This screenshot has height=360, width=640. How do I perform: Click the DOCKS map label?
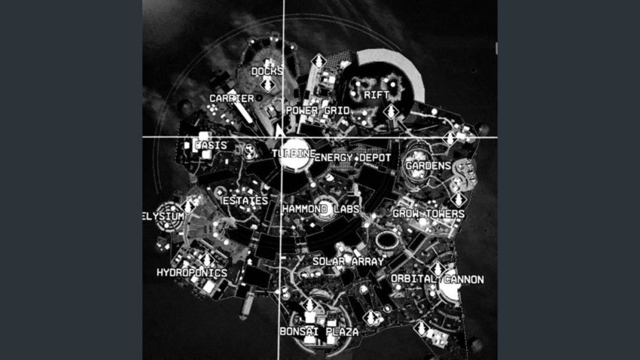tap(267, 72)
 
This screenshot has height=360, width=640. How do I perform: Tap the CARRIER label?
tap(231, 99)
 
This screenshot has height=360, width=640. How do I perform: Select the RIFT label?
tap(376, 96)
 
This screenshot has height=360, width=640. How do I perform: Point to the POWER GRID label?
tap(316, 110)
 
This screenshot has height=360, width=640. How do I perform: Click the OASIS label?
tap(211, 145)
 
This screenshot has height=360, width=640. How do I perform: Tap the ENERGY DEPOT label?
tap(352, 157)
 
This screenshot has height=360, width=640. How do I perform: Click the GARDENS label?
tap(428, 165)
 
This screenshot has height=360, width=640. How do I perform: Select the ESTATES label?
tap(245, 201)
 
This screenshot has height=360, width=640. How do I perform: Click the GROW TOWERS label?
tap(428, 214)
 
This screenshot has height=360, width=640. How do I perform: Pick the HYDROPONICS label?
tap(191, 273)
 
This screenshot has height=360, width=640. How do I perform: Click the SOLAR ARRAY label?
tap(348, 261)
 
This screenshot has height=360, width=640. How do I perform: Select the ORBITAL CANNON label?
tap(437, 279)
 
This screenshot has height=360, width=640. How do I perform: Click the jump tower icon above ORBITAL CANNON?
tap(437, 267)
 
